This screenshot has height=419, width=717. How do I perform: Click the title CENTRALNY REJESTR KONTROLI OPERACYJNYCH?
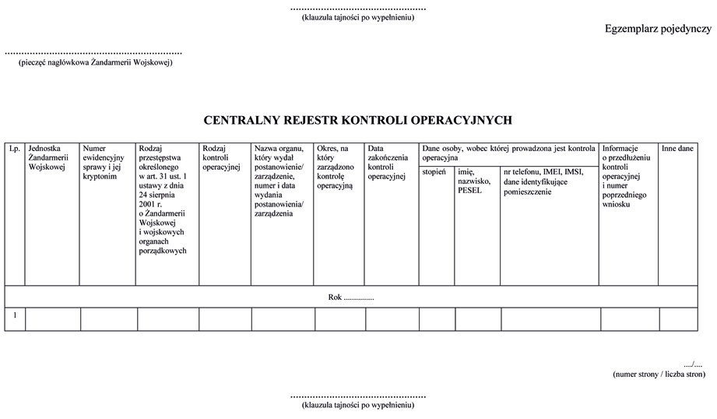[x=357, y=121]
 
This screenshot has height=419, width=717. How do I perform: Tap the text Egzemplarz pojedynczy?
[x=658, y=30]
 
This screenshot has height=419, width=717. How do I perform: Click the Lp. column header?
[x=14, y=148]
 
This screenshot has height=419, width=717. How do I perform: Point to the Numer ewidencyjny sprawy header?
[x=104, y=162]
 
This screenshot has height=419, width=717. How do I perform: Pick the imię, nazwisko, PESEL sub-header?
[x=474, y=181]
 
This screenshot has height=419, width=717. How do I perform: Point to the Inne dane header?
[x=677, y=148]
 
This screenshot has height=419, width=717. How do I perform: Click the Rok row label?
[x=351, y=297]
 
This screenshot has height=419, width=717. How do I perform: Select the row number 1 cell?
[x=15, y=315]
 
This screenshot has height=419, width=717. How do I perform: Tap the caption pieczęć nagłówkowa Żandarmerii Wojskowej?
[x=95, y=62]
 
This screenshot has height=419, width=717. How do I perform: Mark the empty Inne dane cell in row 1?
[x=678, y=319]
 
